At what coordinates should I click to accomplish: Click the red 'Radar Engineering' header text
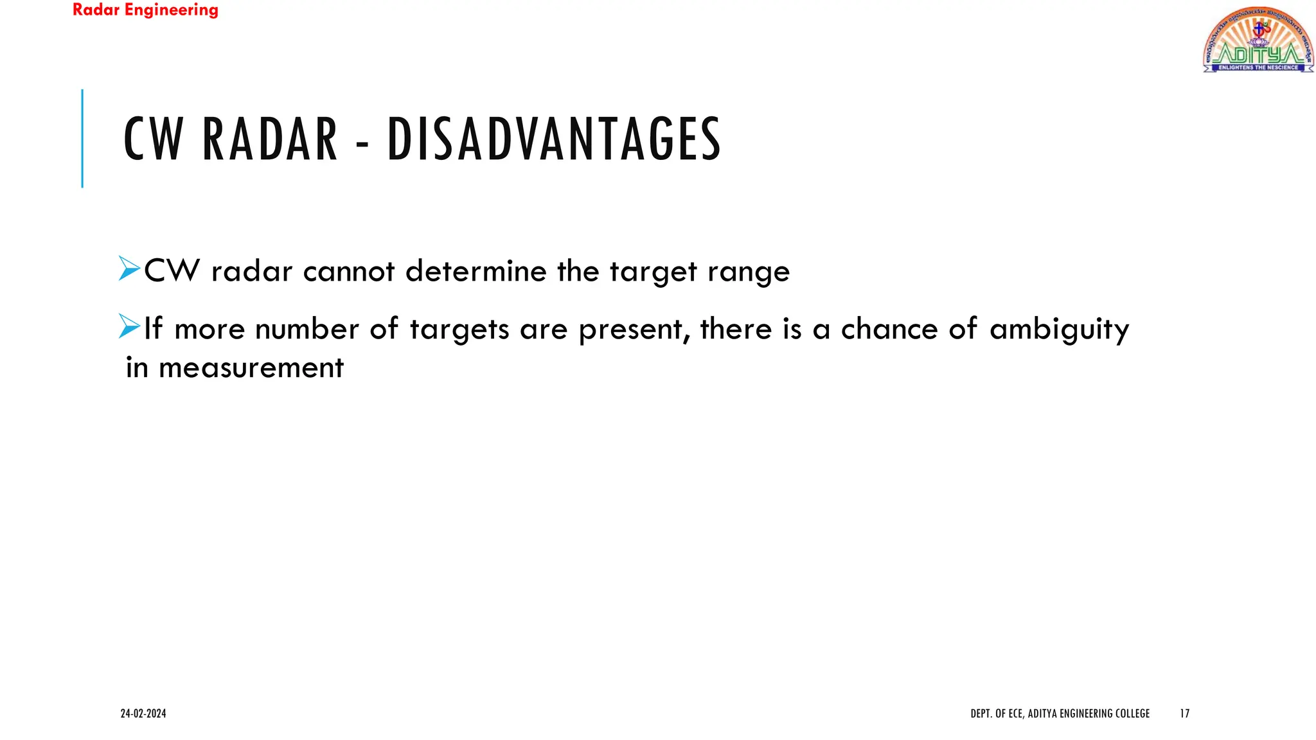click(145, 10)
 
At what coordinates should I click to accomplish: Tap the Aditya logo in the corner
click(1258, 40)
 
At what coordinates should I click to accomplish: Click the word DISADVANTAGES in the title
click(554, 139)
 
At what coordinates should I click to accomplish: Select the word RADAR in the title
click(270, 139)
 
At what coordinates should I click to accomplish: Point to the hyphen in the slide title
click(362, 143)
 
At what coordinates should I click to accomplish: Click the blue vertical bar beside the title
click(82, 138)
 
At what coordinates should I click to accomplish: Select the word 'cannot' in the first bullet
click(349, 271)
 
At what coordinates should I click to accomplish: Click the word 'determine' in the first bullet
click(476, 271)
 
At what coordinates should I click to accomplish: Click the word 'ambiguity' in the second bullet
click(1059, 330)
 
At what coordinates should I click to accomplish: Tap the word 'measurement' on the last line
click(251, 368)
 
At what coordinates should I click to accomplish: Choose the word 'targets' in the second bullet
click(459, 330)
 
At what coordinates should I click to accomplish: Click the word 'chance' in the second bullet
click(890, 329)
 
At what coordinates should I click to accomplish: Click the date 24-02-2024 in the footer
click(143, 714)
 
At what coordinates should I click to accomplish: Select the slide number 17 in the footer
click(1185, 714)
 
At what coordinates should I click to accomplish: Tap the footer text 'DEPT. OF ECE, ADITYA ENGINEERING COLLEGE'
click(1060, 714)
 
